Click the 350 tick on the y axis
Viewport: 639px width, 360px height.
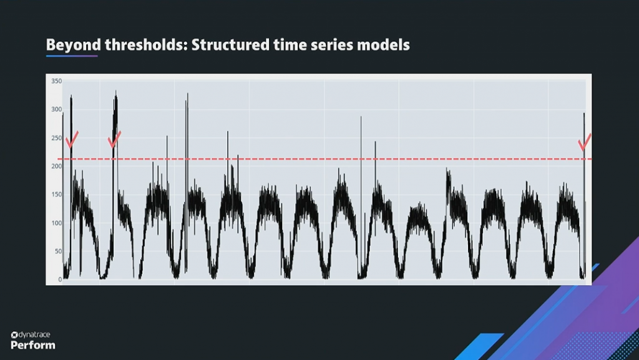tap(57, 81)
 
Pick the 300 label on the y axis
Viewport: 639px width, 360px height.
tap(57, 109)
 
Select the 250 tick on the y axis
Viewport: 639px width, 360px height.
tap(57, 138)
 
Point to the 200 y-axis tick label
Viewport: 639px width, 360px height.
tap(57, 166)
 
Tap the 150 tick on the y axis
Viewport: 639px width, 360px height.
tap(57, 194)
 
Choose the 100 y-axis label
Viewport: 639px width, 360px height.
tap(57, 223)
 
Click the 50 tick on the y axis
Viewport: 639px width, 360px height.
tap(58, 251)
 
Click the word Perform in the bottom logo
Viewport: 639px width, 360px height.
tap(33, 345)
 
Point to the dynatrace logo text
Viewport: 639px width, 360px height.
tap(31, 335)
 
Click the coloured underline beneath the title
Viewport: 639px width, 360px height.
tap(72, 56)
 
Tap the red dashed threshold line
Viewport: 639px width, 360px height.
tap(324, 159)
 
